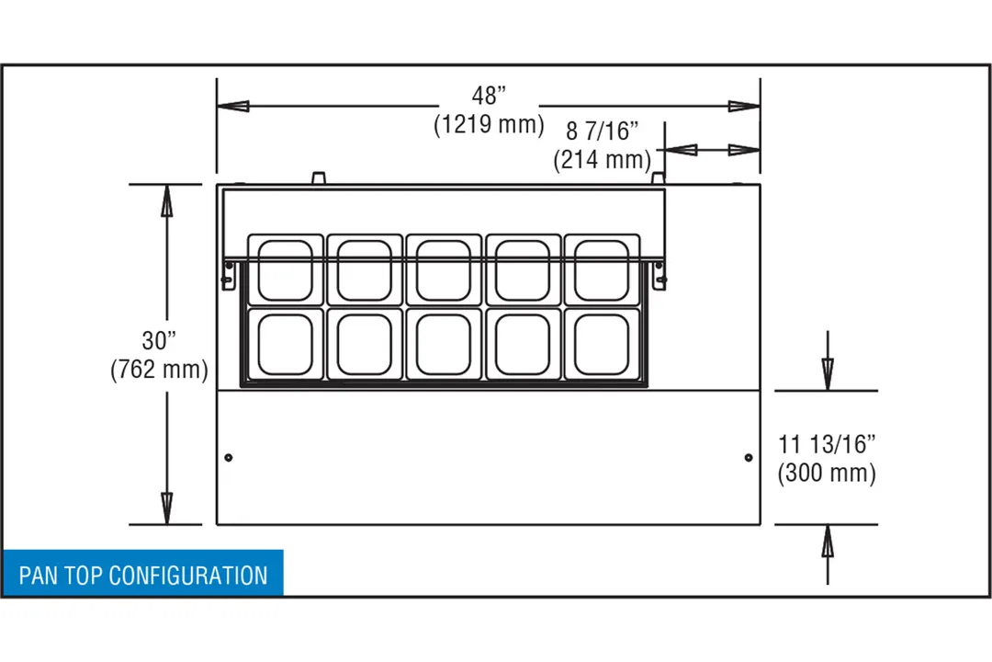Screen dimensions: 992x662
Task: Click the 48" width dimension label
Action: [x=489, y=96]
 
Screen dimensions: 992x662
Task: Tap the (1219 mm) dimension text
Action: [x=489, y=124]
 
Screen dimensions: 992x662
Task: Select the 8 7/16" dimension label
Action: [x=602, y=131]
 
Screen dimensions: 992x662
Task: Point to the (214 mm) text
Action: [x=602, y=159]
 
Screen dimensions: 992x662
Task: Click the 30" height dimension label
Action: [x=159, y=341]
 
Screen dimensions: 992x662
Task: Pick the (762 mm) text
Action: [x=159, y=370]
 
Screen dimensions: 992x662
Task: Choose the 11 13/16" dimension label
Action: [x=827, y=444]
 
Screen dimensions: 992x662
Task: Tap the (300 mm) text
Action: [x=827, y=473]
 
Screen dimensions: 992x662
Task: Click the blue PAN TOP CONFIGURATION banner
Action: [x=143, y=574]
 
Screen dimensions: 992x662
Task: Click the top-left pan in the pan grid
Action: [x=286, y=270]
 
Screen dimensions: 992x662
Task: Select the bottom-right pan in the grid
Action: [x=602, y=344]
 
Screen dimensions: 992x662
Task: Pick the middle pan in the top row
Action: [x=444, y=270]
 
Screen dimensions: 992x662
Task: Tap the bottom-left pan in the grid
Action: [x=286, y=344]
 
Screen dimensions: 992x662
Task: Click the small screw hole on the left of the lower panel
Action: [x=229, y=457]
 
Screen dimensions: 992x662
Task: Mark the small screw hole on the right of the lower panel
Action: [x=749, y=457]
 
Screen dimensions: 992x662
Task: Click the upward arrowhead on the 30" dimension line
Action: [x=166, y=200]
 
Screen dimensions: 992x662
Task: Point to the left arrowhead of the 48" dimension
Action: [x=232, y=106]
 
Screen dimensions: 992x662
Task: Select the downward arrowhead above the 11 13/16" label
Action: [x=828, y=374]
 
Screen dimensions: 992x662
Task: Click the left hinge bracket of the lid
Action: [x=229, y=275]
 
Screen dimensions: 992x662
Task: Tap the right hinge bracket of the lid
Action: [x=659, y=275]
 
